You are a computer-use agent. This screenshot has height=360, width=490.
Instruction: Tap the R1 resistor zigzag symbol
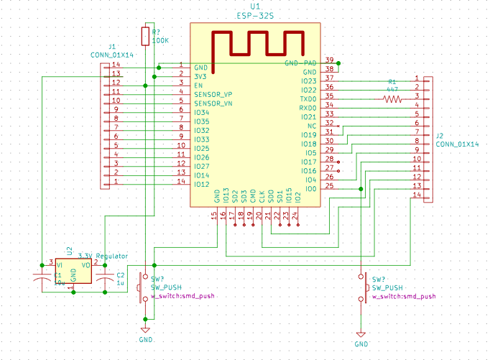(x=392, y=99)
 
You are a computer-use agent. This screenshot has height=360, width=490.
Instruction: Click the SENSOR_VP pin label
(x=213, y=95)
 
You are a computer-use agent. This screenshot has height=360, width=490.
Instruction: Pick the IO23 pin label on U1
(x=308, y=81)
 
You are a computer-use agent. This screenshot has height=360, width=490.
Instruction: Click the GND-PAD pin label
(x=300, y=64)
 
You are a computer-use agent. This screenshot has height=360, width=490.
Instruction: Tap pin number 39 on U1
(x=329, y=60)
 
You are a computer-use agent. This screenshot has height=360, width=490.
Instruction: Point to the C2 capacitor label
(x=120, y=275)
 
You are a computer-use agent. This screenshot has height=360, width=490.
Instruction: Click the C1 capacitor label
(x=58, y=275)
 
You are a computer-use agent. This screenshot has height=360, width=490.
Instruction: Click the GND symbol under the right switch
(x=361, y=336)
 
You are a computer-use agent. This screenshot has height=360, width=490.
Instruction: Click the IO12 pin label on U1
(x=202, y=185)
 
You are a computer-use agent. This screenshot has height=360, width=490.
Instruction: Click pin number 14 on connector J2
(x=417, y=195)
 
